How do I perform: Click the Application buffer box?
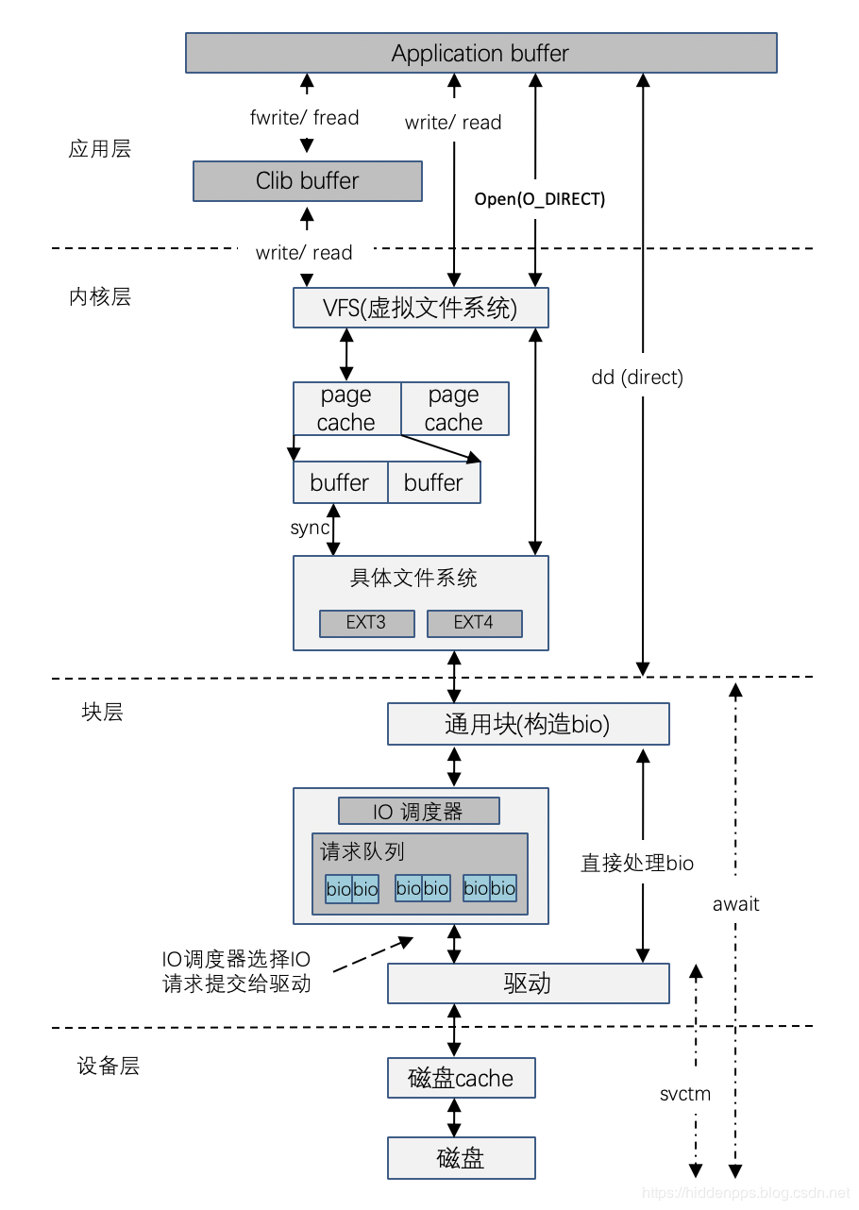tap(480, 53)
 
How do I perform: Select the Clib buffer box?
tap(307, 180)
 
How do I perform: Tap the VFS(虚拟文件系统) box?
tap(420, 308)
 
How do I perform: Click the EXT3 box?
tap(366, 623)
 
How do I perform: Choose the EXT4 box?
tap(474, 623)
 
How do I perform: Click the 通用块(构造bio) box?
tap(528, 724)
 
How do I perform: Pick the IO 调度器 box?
tap(418, 811)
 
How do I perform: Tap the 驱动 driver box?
tap(528, 983)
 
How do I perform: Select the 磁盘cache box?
tap(461, 1078)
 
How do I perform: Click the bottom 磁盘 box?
tap(461, 1157)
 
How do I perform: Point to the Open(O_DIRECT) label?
tap(539, 199)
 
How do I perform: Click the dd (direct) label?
tap(636, 378)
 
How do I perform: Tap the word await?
tap(735, 903)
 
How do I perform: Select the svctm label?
tap(685, 1094)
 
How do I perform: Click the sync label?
tap(309, 528)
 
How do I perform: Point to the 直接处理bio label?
tap(636, 863)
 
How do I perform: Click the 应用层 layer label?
tap(100, 149)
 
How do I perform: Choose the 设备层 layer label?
tap(108, 1067)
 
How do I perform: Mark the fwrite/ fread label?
tap(304, 118)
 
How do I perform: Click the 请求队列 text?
tap(362, 851)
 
